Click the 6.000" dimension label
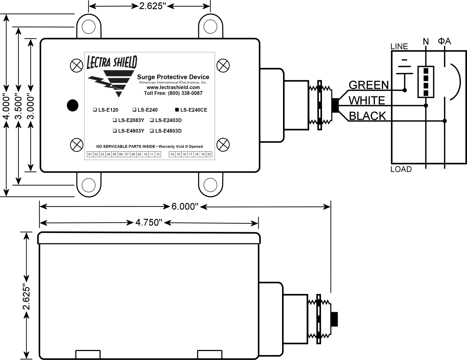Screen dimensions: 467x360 (x=185, y=207)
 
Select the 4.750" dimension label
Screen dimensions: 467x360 (x=149, y=223)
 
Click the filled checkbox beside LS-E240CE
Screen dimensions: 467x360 (x=177, y=110)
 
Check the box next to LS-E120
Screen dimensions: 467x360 (x=95, y=110)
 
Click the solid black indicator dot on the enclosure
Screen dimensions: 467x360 (x=73, y=105)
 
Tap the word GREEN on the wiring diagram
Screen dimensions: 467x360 (x=368, y=85)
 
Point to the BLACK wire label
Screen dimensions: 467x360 (x=367, y=116)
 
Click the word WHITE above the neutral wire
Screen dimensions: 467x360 (x=367, y=100)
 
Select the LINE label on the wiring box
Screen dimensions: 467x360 (x=399, y=46)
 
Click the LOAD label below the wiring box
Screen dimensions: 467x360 (x=401, y=169)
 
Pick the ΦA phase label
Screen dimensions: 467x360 (x=445, y=41)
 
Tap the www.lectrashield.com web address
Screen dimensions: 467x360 (x=173, y=87)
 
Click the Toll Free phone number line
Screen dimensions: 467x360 (x=173, y=93)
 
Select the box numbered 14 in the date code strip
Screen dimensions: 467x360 (x=172, y=154)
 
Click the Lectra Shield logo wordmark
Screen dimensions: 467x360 (x=112, y=62)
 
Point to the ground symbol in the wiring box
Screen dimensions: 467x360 (x=405, y=71)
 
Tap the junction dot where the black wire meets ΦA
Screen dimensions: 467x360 (x=445, y=121)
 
